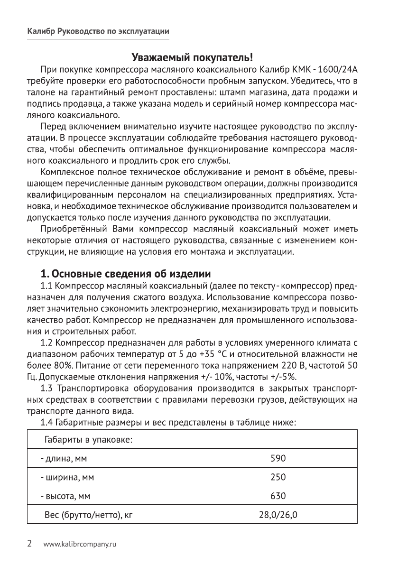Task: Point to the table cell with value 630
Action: (278, 496)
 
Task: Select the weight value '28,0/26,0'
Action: (278, 514)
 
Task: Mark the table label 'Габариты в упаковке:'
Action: (88, 440)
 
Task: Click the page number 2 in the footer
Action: (29, 544)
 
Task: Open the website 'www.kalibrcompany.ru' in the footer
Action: (80, 544)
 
